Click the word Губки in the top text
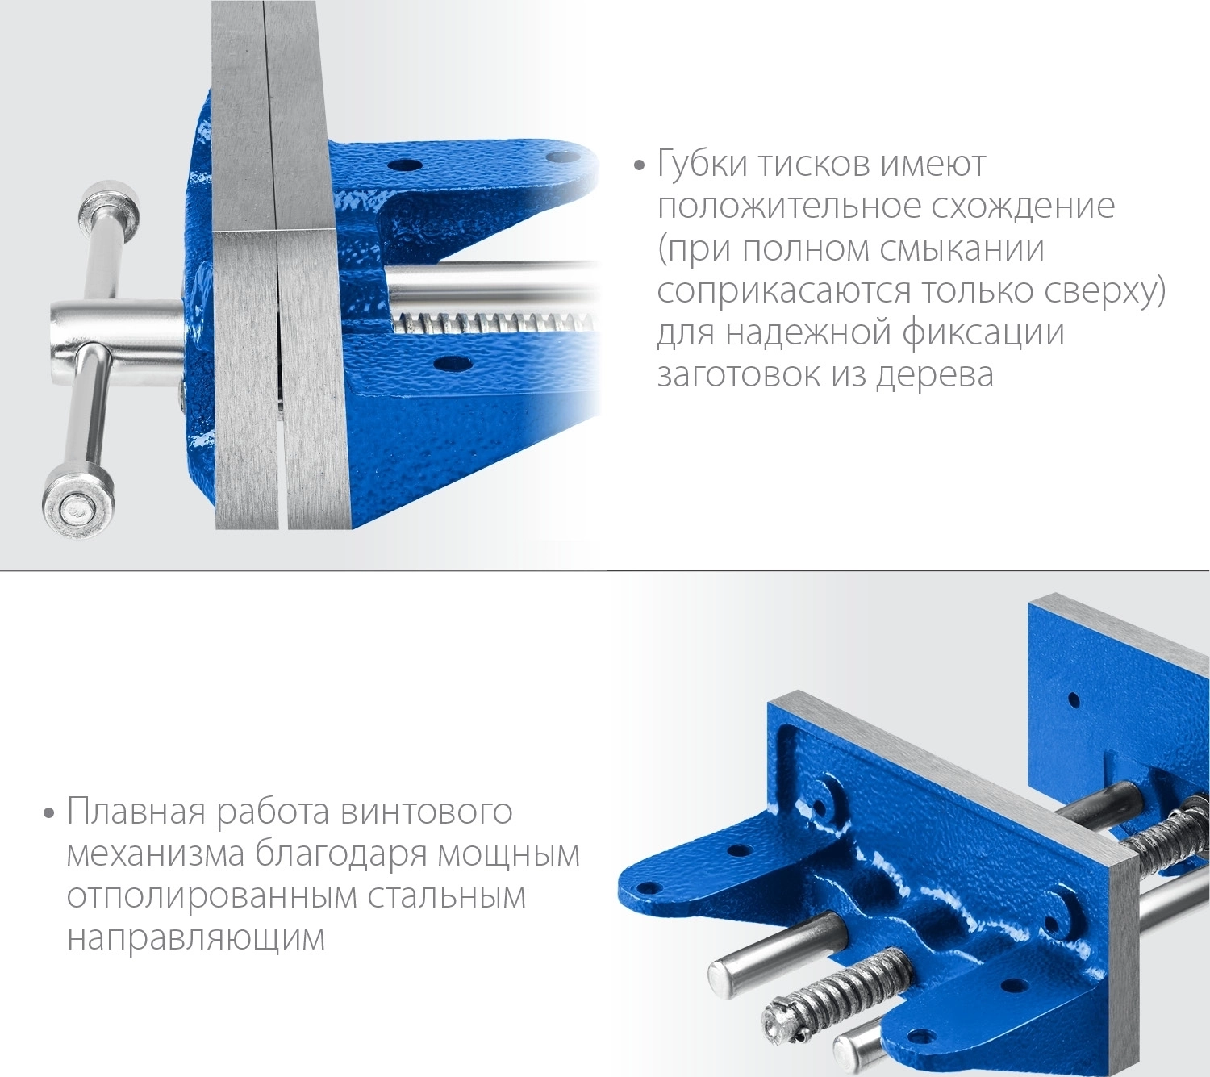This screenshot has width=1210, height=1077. [702, 165]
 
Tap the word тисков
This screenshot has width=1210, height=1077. [814, 165]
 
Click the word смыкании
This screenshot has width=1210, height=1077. [962, 248]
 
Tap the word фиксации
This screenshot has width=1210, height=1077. [983, 332]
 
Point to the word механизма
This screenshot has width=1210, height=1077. [156, 854]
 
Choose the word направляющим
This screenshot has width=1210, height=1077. [196, 938]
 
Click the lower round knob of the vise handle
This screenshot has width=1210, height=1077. [78, 503]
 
